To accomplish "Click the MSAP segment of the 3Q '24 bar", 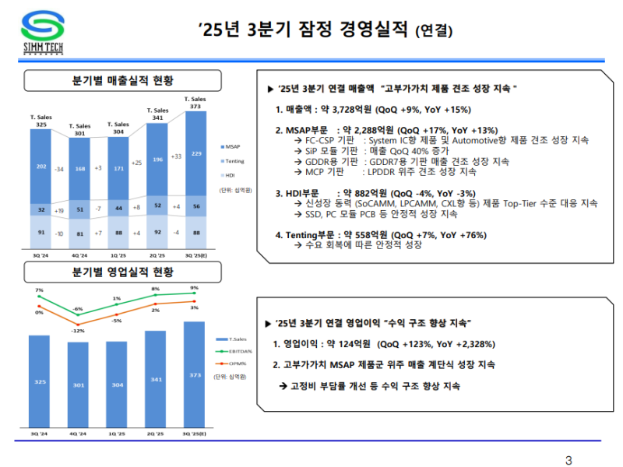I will click(41, 166).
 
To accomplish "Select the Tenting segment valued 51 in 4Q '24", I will click(79, 208).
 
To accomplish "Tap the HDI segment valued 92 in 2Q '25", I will click(157, 231).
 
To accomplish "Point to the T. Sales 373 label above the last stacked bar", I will click(195, 103).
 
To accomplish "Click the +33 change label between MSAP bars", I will click(177, 156).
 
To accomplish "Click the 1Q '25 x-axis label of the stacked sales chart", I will click(118, 255).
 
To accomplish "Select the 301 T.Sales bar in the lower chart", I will click(79, 383).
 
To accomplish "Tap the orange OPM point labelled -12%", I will click(78, 323).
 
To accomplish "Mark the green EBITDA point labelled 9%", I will click(195, 294).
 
